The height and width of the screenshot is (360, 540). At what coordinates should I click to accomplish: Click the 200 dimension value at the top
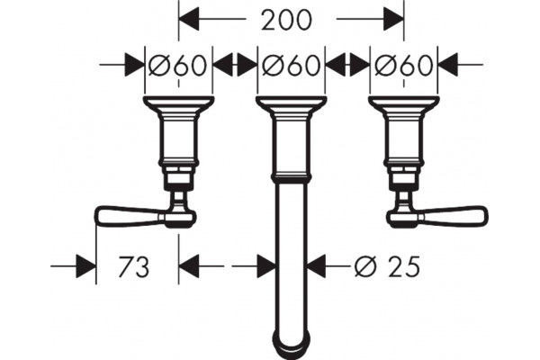click(x=286, y=20)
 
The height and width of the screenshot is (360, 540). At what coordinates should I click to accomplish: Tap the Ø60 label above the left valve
click(x=178, y=65)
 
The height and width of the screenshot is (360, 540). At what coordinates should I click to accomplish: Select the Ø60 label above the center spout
click(x=291, y=65)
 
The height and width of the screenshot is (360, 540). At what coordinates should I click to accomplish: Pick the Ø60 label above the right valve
click(x=403, y=65)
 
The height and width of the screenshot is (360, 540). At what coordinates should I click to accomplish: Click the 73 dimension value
click(x=133, y=266)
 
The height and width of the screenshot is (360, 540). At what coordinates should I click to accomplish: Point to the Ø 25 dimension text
click(x=387, y=266)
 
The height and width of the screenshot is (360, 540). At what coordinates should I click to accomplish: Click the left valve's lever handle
click(x=145, y=217)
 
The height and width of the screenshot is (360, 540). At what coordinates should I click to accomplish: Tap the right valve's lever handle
click(x=437, y=217)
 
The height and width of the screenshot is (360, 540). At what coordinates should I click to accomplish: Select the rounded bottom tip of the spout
click(x=291, y=346)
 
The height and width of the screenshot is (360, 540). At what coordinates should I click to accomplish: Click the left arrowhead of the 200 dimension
click(x=189, y=19)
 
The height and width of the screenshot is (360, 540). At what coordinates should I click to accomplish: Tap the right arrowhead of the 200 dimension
click(x=393, y=19)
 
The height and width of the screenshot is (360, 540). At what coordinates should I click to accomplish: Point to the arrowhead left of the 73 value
click(x=85, y=266)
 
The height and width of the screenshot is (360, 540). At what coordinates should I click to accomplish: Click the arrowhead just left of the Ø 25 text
click(x=317, y=266)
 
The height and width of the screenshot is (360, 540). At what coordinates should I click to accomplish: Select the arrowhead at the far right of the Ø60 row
click(x=448, y=65)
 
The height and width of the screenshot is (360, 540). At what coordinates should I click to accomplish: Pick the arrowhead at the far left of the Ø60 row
click(x=134, y=65)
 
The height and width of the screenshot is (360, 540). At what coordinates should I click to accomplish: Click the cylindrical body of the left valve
click(x=178, y=140)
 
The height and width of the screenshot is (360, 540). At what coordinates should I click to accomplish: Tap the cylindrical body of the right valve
click(x=403, y=140)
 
